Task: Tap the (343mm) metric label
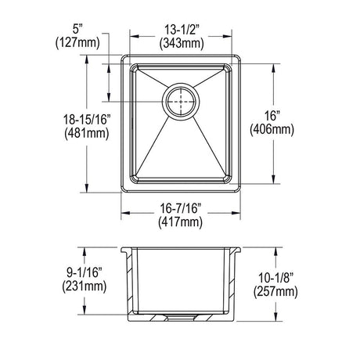pyautogui.click(x=182, y=43)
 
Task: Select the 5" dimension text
pyautogui.click(x=77, y=29)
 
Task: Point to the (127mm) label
pyautogui.click(x=77, y=42)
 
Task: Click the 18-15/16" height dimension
pyautogui.click(x=87, y=120)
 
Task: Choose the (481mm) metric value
pyautogui.click(x=87, y=134)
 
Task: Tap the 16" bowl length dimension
pyautogui.click(x=272, y=116)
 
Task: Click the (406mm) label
pyautogui.click(x=272, y=129)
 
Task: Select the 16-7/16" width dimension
pyautogui.click(x=180, y=208)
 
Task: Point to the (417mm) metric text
pyautogui.click(x=180, y=222)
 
